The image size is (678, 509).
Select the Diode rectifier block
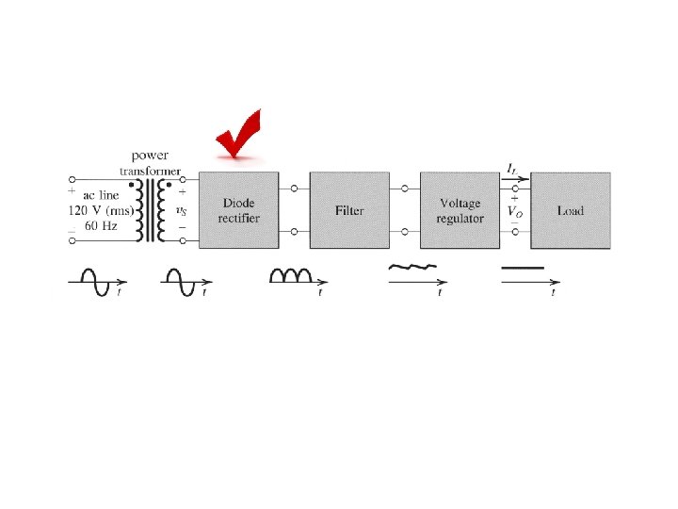tap(240, 210)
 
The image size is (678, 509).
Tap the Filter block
tap(349, 210)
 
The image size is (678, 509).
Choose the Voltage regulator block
tap(460, 210)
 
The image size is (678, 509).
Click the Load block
tap(570, 210)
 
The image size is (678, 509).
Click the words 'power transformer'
tap(150, 162)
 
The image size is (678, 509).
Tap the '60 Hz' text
tap(103, 227)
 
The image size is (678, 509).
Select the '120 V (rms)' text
tap(103, 210)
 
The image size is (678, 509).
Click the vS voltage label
tap(181, 210)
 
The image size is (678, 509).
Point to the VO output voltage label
tap(515, 211)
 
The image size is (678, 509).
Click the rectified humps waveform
tap(291, 274)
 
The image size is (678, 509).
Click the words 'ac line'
tap(103, 194)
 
